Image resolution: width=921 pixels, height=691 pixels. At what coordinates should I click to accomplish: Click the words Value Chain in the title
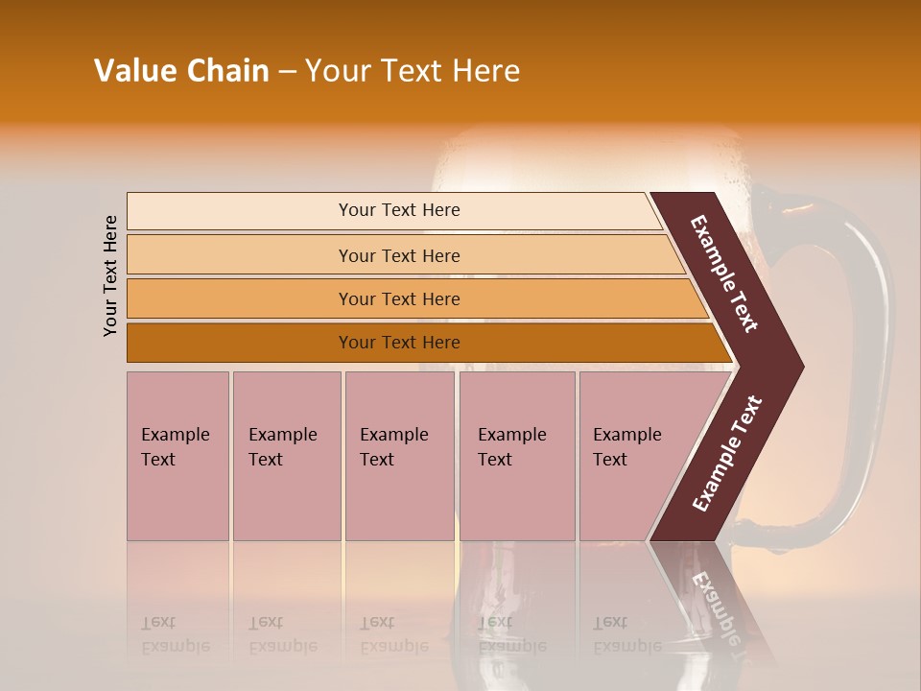click(181, 71)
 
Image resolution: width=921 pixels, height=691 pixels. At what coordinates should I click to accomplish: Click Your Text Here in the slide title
click(413, 71)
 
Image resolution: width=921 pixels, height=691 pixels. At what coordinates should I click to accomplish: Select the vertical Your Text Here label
click(110, 275)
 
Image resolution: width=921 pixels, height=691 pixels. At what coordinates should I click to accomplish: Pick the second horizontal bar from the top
click(398, 255)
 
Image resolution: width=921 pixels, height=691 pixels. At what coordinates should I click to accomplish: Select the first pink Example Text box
click(177, 456)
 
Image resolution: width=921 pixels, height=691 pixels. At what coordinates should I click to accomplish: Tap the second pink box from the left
click(286, 456)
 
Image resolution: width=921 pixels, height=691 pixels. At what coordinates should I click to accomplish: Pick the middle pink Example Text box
click(399, 456)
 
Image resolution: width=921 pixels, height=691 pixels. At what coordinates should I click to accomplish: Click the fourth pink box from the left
click(517, 456)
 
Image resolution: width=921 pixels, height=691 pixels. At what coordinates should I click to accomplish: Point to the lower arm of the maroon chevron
click(726, 455)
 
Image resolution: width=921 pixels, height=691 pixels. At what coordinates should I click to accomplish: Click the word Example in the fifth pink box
click(626, 435)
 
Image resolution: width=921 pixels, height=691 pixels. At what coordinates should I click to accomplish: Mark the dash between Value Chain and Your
click(287, 72)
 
